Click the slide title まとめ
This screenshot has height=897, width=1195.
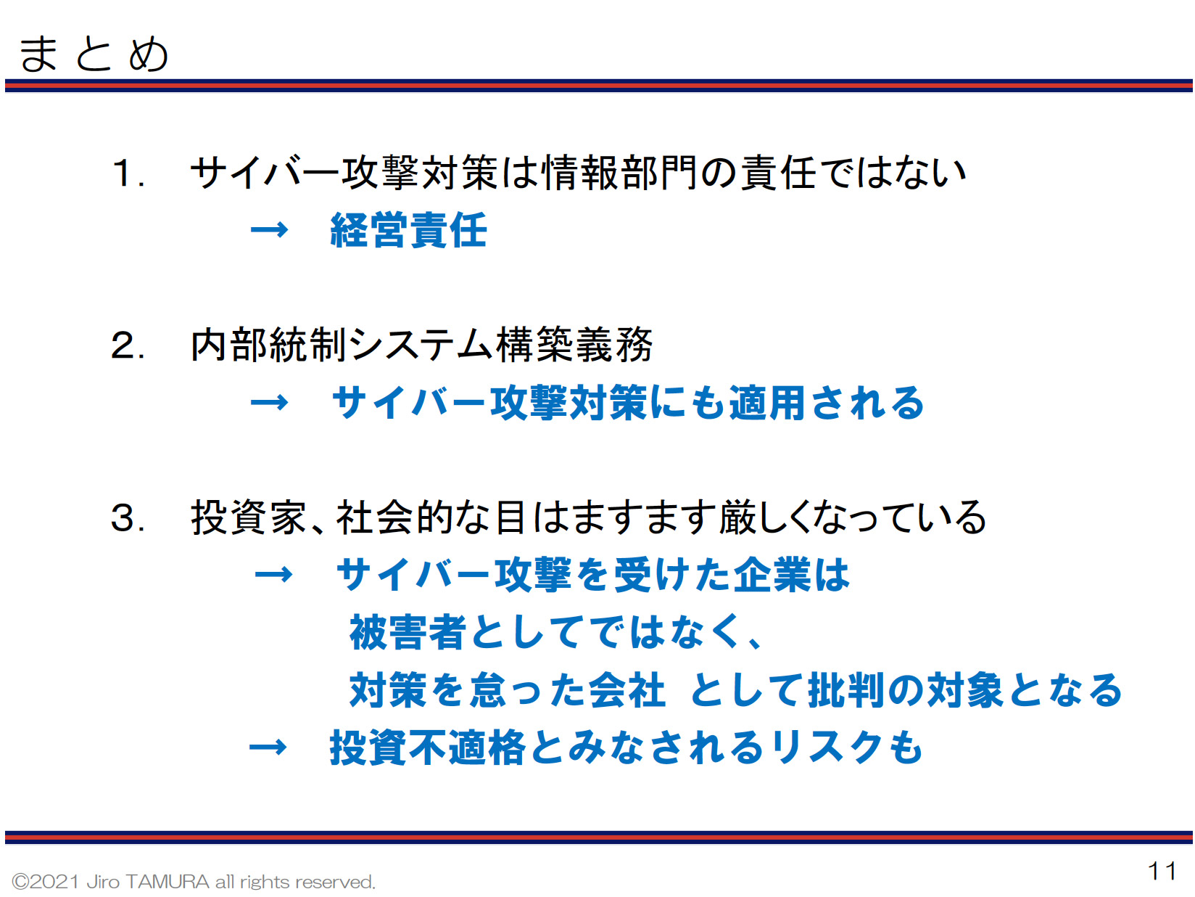[x=93, y=54]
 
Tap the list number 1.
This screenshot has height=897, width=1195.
[x=128, y=173]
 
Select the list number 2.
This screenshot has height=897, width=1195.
[x=128, y=345]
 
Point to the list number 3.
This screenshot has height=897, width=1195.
[x=128, y=517]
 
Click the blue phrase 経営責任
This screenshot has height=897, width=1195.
[x=408, y=230]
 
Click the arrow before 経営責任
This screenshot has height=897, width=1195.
[x=269, y=230]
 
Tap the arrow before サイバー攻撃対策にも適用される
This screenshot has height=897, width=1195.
[x=269, y=403]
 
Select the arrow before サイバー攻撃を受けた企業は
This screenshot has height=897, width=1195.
[x=273, y=575]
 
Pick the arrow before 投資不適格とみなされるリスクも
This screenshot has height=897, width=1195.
[x=268, y=747]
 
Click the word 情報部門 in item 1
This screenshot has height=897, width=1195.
[x=619, y=173]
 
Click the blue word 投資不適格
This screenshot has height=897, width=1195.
[x=427, y=747]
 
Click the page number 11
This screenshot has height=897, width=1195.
[x=1161, y=871]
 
